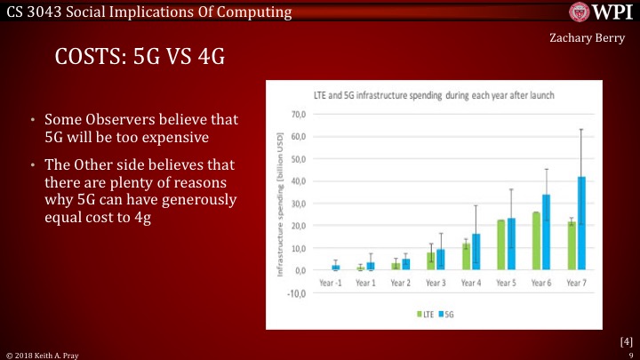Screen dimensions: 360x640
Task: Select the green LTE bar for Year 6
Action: (x=536, y=241)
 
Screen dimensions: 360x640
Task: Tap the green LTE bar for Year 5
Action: (x=500, y=244)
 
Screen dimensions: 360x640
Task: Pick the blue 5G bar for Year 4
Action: (x=476, y=252)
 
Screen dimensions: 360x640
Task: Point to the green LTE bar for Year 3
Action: (x=430, y=260)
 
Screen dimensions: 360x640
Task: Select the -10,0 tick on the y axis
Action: (x=297, y=292)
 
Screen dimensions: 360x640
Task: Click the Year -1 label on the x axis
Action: (x=330, y=282)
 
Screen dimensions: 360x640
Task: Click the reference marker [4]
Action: (x=625, y=340)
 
